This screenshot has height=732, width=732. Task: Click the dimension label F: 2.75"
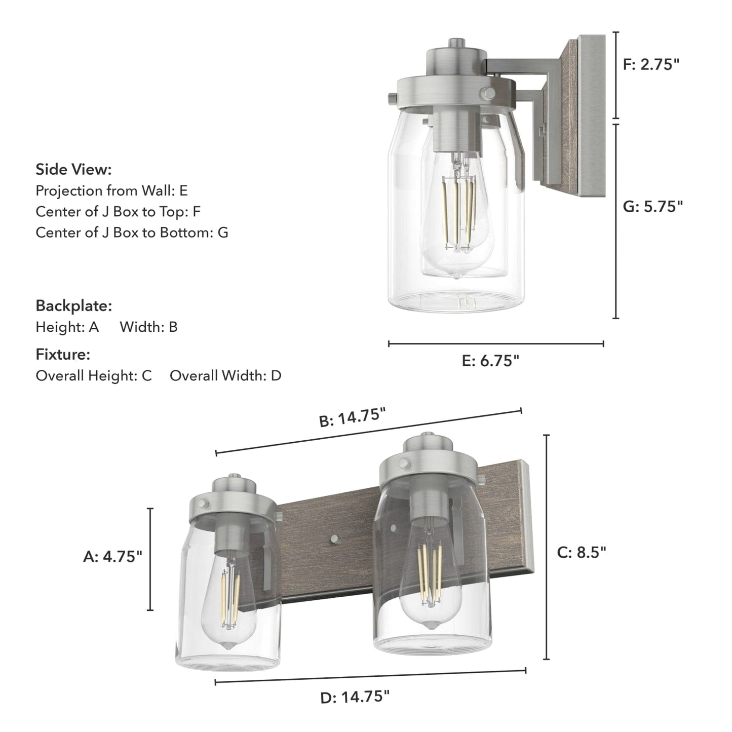pyautogui.click(x=651, y=64)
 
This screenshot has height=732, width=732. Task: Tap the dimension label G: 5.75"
pyautogui.click(x=652, y=206)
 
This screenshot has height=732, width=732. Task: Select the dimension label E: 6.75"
pyautogui.click(x=490, y=361)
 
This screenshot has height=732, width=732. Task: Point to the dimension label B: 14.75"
pyautogui.click(x=353, y=418)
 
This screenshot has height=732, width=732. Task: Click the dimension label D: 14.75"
pyautogui.click(x=355, y=697)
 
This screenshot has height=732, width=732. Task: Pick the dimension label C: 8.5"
pyautogui.click(x=582, y=552)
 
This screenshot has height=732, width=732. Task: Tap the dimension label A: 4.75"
pyautogui.click(x=112, y=557)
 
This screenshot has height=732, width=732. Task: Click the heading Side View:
pyautogui.click(x=73, y=169)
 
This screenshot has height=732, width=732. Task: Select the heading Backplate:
pyautogui.click(x=73, y=305)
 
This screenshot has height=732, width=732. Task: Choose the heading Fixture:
pyautogui.click(x=63, y=354)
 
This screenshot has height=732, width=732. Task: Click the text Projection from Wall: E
pyautogui.click(x=111, y=190)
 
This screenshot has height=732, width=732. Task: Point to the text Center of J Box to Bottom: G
pyautogui.click(x=132, y=233)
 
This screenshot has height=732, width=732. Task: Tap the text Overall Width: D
pyautogui.click(x=225, y=375)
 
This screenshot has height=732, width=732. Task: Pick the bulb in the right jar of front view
pyautogui.click(x=431, y=577)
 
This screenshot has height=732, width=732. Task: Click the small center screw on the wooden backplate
pyautogui.click(x=333, y=538)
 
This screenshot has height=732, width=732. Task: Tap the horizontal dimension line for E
pyautogui.click(x=495, y=343)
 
